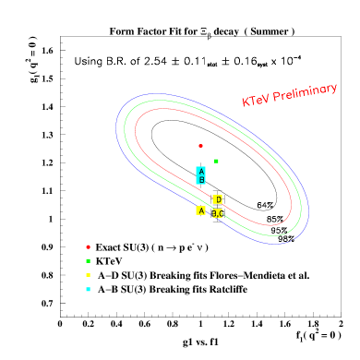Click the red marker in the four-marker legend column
coord(89,246)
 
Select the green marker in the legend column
coord(89,261)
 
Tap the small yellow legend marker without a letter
coord(89,275)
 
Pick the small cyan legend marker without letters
coord(89,290)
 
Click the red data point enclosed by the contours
coord(200,146)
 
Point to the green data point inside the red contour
coord(216,161)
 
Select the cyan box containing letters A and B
coord(200,175)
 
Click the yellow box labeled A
coord(200,210)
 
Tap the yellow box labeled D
coord(218,199)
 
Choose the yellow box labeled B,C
coord(218,213)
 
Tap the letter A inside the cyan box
coord(200,171)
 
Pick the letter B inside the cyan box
coord(200,180)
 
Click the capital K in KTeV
coord(246,102)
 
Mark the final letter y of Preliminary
coord(333,88)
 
